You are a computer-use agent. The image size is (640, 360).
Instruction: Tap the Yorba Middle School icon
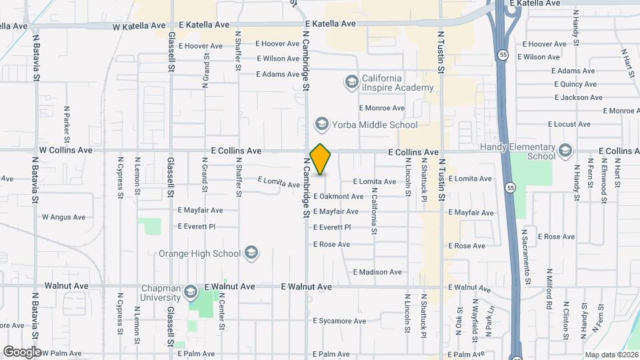(x=322, y=124)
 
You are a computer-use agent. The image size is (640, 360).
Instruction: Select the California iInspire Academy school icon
(x=351, y=82)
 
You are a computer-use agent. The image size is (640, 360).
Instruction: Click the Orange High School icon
(x=251, y=253)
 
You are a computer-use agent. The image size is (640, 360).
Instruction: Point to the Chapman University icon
(x=191, y=293)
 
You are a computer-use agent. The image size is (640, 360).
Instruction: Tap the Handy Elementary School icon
(x=566, y=151)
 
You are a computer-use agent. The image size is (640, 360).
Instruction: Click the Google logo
(x=22, y=352)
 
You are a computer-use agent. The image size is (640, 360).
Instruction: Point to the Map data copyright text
(x=611, y=354)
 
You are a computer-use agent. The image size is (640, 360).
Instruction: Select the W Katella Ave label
(x=139, y=26)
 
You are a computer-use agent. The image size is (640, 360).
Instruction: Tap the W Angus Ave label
(x=64, y=217)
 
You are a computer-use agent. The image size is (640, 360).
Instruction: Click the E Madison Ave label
(x=377, y=272)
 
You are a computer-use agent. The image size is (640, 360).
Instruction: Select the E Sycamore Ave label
(x=339, y=321)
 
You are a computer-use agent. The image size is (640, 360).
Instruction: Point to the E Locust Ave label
(x=569, y=124)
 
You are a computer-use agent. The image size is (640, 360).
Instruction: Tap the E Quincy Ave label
(x=576, y=84)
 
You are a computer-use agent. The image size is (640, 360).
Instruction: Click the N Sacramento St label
(x=526, y=257)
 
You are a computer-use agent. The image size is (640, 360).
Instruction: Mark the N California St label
(x=374, y=213)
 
